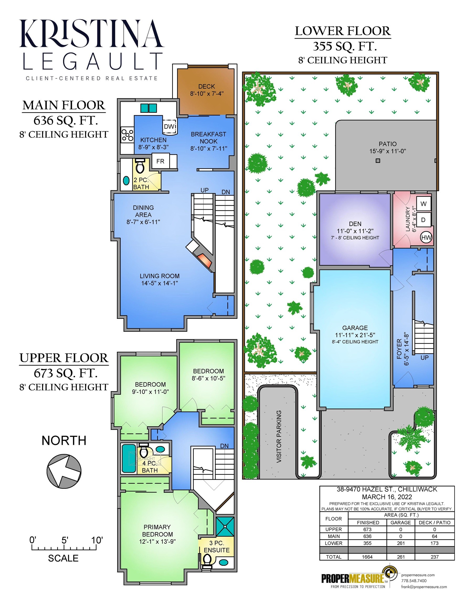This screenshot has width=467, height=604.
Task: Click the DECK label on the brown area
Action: (x=206, y=87)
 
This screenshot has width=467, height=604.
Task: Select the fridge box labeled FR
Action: (x=160, y=161)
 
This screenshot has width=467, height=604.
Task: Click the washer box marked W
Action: (x=423, y=204)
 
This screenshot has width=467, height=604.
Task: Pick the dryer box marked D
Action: (x=423, y=220)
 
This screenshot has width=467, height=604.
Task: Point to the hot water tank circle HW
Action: (x=426, y=237)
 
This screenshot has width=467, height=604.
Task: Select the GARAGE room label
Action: (x=355, y=328)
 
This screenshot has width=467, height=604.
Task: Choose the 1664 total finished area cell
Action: (x=367, y=557)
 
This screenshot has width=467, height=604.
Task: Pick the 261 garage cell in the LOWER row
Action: (x=401, y=543)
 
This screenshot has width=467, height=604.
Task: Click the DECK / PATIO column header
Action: (x=435, y=522)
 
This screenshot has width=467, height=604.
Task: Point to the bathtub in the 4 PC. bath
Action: (x=129, y=458)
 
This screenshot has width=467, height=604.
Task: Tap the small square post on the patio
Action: (x=378, y=161)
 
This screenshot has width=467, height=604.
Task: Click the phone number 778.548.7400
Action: (x=414, y=588)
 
